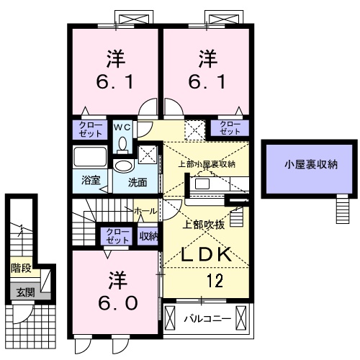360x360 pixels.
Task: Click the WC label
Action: pyautogui.click(x=122, y=127)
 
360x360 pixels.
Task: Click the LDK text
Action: pyautogui.click(x=205, y=254)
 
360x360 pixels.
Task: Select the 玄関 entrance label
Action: pyautogui.click(x=20, y=292)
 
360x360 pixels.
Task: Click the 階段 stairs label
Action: pyautogui.click(x=20, y=269)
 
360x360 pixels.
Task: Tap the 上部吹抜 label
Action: pyautogui.click(x=207, y=224)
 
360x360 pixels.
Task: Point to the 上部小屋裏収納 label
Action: pyautogui.click(x=207, y=164)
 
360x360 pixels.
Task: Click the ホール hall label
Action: pyautogui.click(x=145, y=210)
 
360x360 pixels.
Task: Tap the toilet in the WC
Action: pyautogui.click(x=123, y=143)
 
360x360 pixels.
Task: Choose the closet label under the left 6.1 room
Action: pyautogui.click(x=91, y=130)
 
